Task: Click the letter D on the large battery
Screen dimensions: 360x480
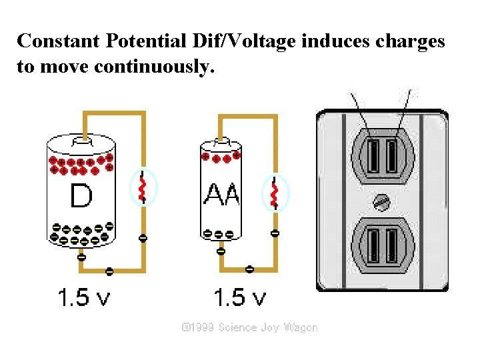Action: tap(80, 196)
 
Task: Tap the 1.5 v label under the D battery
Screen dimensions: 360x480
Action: tap(83, 298)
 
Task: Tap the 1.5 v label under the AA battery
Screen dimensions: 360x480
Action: tap(239, 298)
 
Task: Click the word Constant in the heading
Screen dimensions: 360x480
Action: tap(58, 41)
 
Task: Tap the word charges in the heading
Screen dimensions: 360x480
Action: tap(409, 41)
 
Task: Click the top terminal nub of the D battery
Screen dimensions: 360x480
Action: tap(82, 140)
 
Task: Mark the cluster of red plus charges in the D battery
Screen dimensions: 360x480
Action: tap(81, 165)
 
